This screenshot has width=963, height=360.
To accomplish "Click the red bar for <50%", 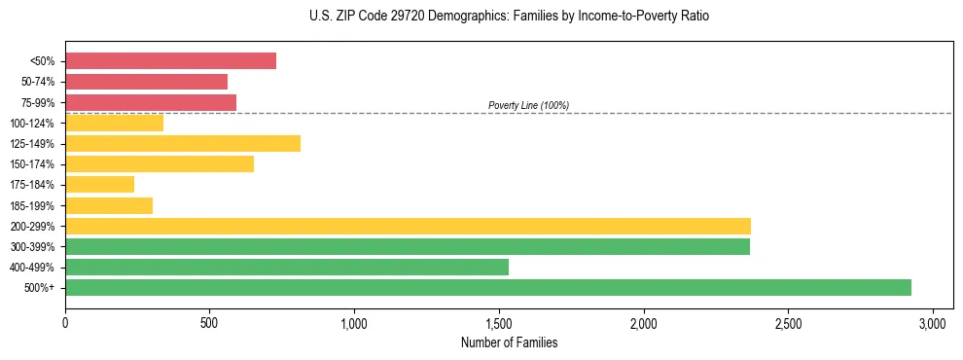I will tap(170, 60).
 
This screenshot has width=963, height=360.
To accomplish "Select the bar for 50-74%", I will tap(146, 82).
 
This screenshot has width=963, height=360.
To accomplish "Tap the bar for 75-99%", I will tap(151, 102).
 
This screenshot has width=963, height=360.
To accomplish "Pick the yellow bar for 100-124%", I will tap(114, 123).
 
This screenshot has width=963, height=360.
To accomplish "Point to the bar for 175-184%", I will tap(99, 184).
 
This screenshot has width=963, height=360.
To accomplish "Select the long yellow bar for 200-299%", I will tap(408, 226).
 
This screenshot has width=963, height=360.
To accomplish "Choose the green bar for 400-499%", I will tap(287, 267).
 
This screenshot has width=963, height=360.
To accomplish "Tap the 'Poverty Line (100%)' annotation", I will tap(528, 105).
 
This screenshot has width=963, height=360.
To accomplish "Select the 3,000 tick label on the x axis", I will tap(932, 322).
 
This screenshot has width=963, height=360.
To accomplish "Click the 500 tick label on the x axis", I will tap(209, 322).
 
